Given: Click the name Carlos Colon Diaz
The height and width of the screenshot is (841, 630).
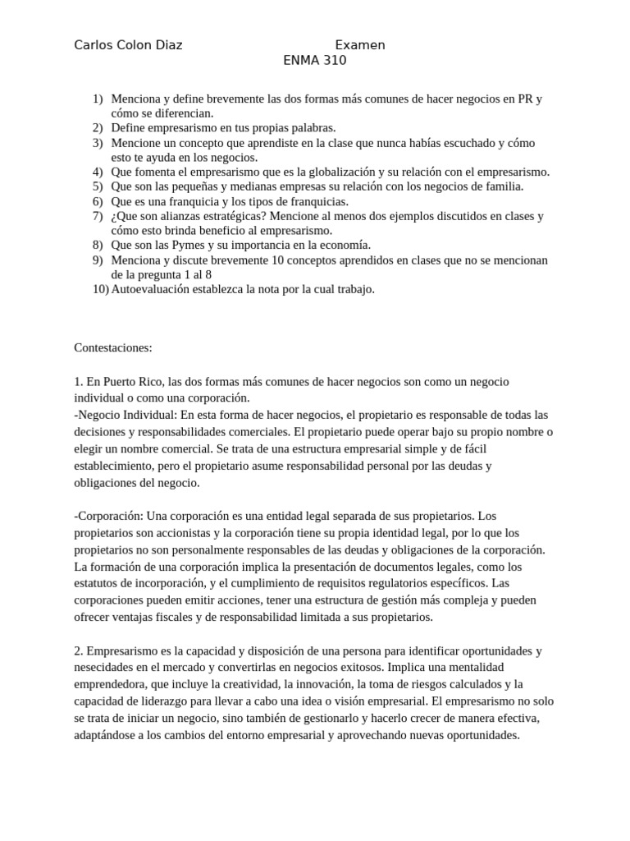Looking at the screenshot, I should coord(128,45).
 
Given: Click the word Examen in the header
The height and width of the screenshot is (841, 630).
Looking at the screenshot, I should coord(360,45).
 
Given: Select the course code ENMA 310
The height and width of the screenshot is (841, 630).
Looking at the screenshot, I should coord(315,60).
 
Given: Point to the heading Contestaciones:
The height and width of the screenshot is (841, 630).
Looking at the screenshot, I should coord(113,347).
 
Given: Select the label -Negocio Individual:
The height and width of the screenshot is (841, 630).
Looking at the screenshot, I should coord(125,415).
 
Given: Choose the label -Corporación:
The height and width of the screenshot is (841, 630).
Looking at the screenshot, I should coord(109,516).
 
